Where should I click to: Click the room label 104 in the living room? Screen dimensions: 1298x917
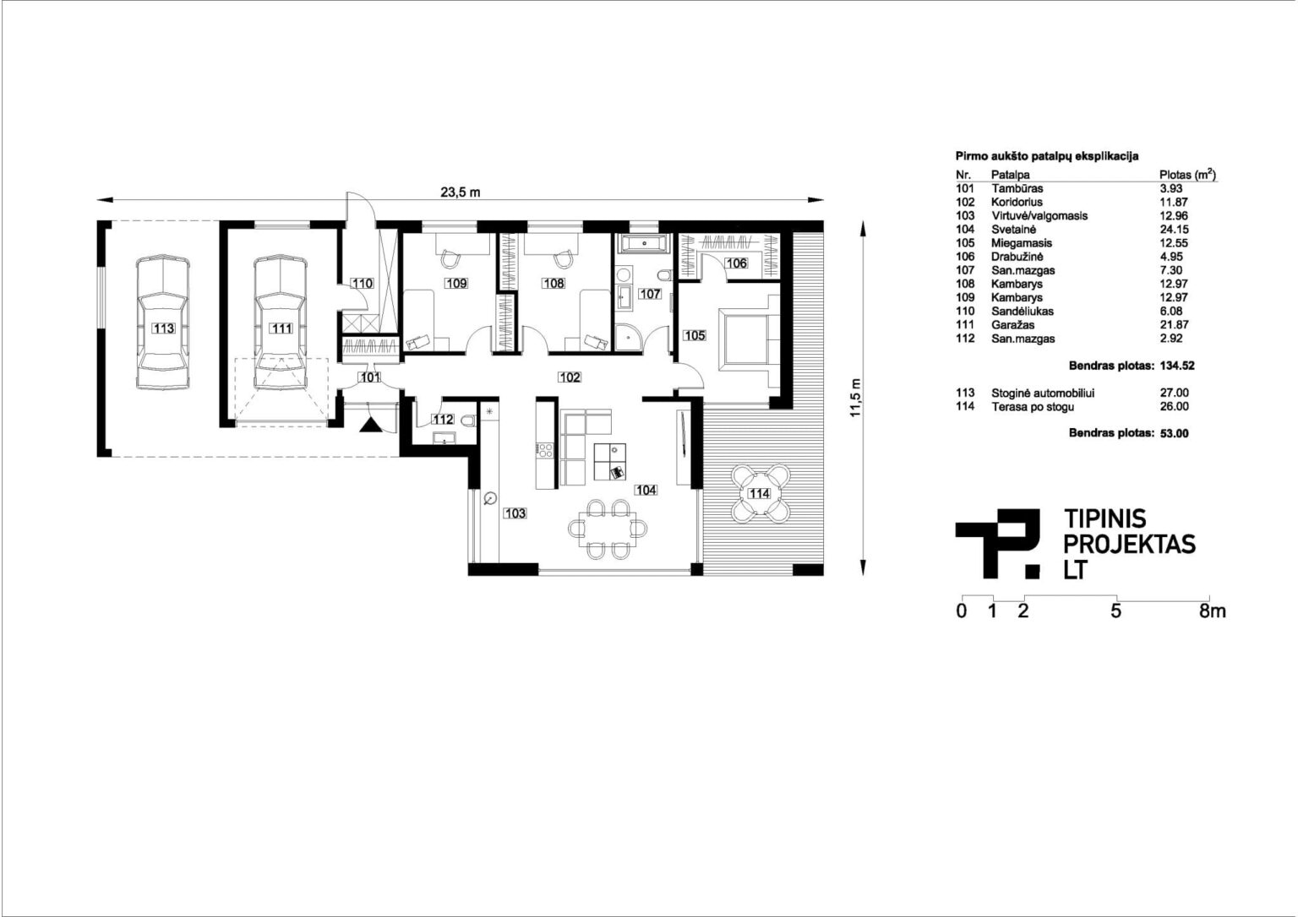click(646, 491)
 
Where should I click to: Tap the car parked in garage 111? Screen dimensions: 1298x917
click(281, 322)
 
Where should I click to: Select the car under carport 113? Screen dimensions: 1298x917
click(163, 322)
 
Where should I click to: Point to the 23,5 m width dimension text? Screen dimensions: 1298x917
click(460, 193)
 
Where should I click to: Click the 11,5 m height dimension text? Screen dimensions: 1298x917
click(855, 397)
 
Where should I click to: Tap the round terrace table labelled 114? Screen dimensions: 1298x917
click(761, 493)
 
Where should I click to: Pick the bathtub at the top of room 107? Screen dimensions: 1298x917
click(645, 244)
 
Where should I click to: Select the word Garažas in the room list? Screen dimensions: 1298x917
click(1012, 325)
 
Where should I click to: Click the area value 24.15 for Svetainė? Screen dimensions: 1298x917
click(1174, 230)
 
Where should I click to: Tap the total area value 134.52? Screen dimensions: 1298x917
click(1177, 366)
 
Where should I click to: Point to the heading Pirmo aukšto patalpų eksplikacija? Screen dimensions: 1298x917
click(1047, 156)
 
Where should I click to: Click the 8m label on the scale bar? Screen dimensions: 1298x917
click(1213, 611)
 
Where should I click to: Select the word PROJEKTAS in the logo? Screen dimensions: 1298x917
click(1130, 545)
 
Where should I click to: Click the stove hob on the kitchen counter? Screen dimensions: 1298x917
click(545, 450)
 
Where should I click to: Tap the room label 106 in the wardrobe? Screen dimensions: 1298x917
click(737, 263)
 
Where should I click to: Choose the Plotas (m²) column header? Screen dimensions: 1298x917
click(1187, 174)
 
